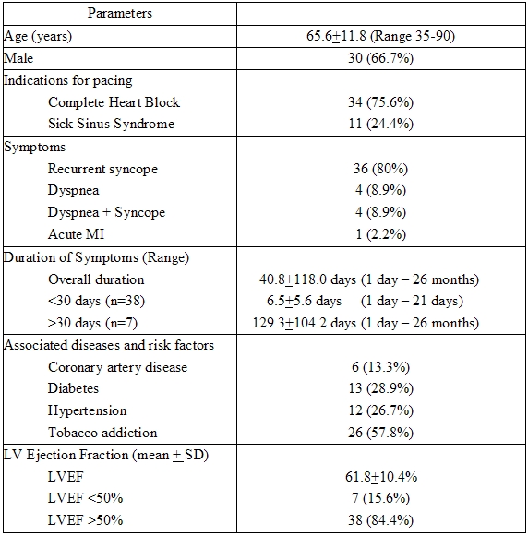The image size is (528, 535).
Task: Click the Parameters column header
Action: [x=120, y=14]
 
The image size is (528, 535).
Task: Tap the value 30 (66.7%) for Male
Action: [x=381, y=58]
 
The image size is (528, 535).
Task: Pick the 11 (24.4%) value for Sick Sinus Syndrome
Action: [x=381, y=125]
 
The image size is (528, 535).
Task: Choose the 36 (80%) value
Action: [x=381, y=169]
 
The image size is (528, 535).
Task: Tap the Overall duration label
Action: [x=96, y=279]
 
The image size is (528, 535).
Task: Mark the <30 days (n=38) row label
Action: [x=96, y=302]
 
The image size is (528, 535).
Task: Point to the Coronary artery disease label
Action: [x=117, y=367]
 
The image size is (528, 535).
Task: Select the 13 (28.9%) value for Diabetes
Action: [x=381, y=389]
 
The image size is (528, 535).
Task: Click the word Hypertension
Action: [x=88, y=411]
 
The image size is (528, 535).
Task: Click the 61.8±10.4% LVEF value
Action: [x=381, y=478]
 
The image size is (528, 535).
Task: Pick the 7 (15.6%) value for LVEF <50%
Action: [x=381, y=500]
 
